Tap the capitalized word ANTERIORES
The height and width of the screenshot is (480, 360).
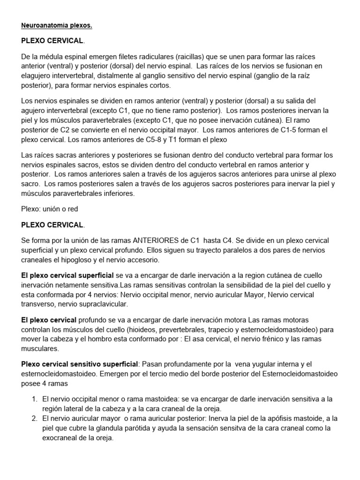158,240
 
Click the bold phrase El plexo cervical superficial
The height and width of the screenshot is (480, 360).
67,275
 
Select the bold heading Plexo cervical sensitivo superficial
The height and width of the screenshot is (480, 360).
80,364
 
